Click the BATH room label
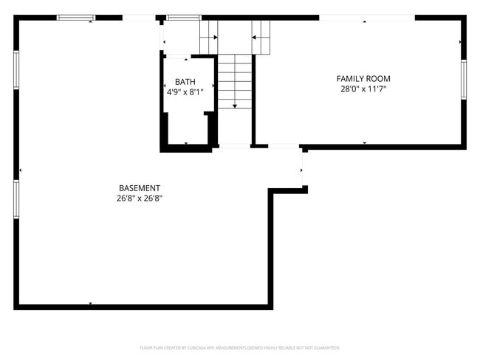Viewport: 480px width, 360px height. pos(185,81)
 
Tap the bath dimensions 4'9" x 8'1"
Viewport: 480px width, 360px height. pos(185,91)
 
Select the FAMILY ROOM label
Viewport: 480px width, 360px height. pos(363,78)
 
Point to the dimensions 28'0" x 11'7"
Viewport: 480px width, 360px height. pos(363,89)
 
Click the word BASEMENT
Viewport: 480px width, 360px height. pos(140,188)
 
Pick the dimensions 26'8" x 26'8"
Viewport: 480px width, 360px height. pos(140,198)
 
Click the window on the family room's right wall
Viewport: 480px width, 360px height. pos(464,79)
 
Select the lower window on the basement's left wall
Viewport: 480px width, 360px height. pos(16,200)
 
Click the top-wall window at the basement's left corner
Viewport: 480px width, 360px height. pos(76,18)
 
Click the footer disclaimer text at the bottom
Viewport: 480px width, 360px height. pos(240,347)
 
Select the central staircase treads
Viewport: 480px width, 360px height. pos(235,81)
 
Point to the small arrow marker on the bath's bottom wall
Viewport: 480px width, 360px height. pos(185,143)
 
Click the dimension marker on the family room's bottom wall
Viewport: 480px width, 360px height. pos(364,142)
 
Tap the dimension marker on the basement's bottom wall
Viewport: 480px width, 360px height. pos(90,303)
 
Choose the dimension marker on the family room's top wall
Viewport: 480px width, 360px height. pos(364,22)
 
